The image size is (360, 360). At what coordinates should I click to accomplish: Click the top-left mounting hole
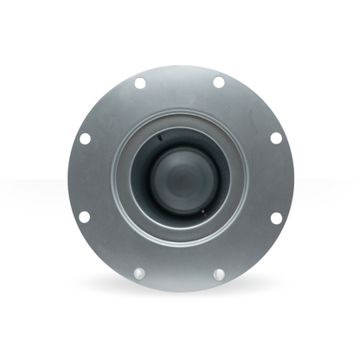[x=140, y=83]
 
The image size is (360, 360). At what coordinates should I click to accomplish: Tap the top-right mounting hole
[x=219, y=83]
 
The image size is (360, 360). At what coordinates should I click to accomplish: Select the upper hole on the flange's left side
[x=85, y=138]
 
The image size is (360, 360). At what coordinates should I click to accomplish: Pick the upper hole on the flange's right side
[x=276, y=138]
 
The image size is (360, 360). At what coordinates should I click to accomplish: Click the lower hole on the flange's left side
[x=84, y=216]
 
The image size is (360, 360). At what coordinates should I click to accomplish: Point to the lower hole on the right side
[x=276, y=216]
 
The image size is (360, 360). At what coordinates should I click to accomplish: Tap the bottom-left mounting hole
[x=140, y=273]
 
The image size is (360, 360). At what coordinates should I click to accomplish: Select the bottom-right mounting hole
[x=219, y=273]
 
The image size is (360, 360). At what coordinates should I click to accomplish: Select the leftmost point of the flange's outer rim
[x=67, y=177]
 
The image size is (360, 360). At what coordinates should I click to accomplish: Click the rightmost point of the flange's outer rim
[x=294, y=177]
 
